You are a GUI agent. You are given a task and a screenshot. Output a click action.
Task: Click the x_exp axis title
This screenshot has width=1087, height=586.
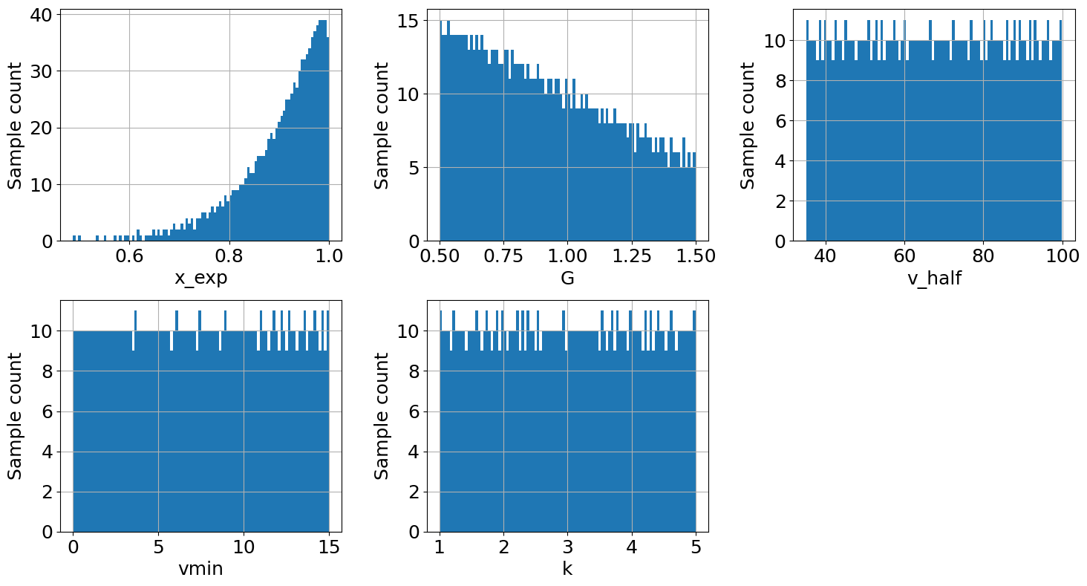click(200, 279)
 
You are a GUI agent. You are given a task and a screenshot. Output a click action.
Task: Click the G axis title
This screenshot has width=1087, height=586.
click(567, 279)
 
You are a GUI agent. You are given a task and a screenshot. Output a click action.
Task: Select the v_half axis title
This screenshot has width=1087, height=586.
click(934, 279)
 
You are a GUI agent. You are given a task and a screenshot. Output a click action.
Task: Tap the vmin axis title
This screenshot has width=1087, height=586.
click(200, 570)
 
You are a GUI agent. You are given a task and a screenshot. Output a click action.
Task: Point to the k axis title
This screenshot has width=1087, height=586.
click(567, 570)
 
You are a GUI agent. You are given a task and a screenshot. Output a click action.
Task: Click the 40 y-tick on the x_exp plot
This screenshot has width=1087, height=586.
click(41, 15)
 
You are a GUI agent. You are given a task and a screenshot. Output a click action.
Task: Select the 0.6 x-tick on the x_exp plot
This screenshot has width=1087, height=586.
click(130, 256)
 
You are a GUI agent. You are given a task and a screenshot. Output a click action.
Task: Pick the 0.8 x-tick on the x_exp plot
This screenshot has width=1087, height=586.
click(229, 256)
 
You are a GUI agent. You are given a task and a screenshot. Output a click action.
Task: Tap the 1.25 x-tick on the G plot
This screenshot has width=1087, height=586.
click(631, 256)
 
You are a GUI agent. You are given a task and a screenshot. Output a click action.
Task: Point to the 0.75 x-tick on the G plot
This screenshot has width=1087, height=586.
click(503, 256)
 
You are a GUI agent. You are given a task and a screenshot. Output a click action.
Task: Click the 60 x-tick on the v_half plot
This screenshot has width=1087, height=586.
click(904, 256)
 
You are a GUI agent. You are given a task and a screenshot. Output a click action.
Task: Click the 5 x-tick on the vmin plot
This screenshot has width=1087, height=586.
click(158, 547)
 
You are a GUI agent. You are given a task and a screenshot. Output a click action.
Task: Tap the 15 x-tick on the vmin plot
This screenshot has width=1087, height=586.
click(329, 547)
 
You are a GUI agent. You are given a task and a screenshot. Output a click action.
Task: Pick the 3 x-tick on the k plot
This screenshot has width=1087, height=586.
click(568, 547)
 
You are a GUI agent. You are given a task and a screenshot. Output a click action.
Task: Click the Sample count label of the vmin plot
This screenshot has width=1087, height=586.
click(16, 416)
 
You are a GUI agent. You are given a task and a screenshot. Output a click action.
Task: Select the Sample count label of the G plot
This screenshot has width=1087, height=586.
click(382, 125)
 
